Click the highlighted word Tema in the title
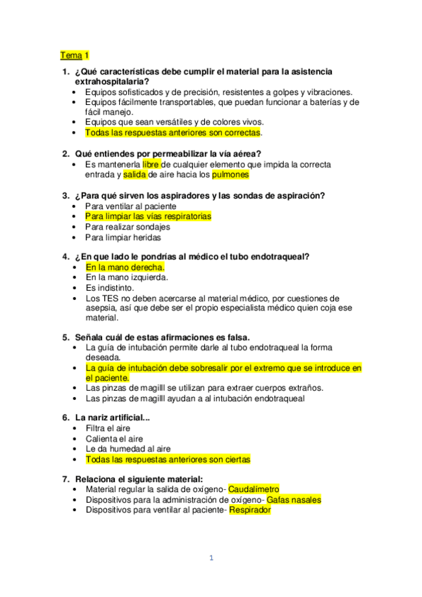tap(70, 55)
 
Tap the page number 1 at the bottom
tap(211, 558)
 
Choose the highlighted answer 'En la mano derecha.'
tap(125, 268)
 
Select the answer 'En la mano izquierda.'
tap(126, 277)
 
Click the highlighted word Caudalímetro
tap(254, 489)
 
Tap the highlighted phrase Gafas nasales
tap(294, 500)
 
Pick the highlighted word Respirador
tap(250, 510)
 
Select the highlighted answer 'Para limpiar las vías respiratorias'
tap(148, 217)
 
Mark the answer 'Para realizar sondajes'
tap(128, 227)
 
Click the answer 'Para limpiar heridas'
tap(123, 238)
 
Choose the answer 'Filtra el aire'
tap(108, 427)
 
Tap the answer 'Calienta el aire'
tap(114, 438)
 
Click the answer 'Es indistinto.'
tap(110, 288)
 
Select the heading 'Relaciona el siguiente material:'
tap(132, 479)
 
